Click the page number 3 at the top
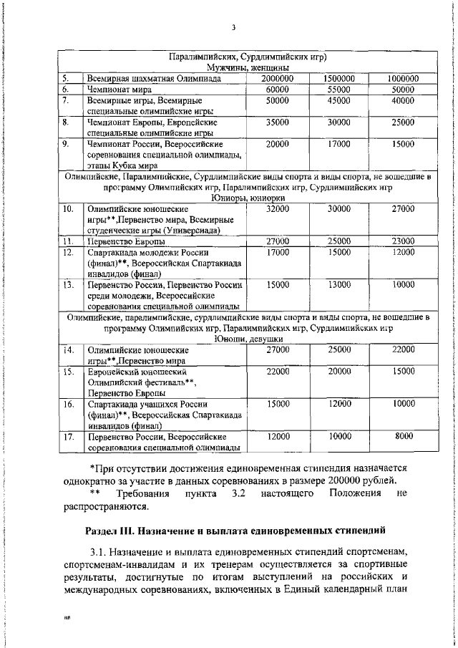(233, 28)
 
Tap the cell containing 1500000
(339, 78)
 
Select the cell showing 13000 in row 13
(339, 284)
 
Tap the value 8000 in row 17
(404, 436)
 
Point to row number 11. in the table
(67, 241)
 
